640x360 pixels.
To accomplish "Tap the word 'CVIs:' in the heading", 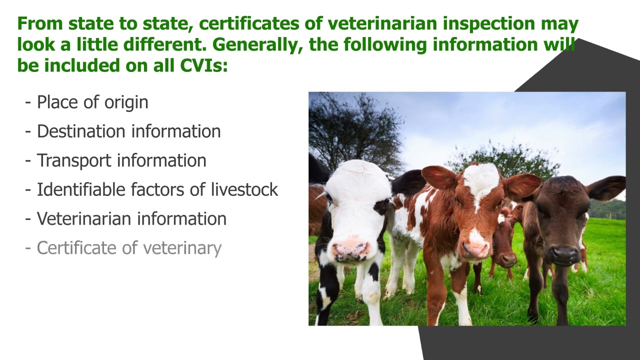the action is point(204,65).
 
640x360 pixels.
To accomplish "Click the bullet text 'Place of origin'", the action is point(92,102).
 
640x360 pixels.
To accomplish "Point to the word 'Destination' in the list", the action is point(81,131).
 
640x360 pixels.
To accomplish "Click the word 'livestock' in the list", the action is point(244,189).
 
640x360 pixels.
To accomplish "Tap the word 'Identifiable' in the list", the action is point(81,189).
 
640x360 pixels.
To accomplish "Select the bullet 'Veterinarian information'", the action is point(131,219).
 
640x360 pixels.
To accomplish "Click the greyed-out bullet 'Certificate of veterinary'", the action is point(129,248).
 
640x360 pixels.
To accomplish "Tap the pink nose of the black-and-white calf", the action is point(351,250).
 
